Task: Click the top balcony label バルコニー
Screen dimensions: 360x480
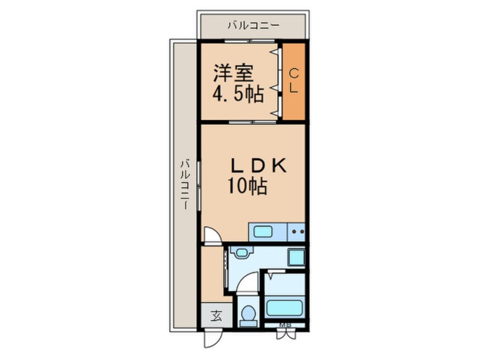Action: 253,26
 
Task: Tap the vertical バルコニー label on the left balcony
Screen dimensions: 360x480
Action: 184,185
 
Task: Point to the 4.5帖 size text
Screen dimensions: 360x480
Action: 238,94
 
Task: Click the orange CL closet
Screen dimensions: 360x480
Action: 294,81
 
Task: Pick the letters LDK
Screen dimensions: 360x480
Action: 259,165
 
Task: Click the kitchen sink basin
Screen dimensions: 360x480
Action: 264,232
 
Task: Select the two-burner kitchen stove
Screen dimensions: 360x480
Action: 298,232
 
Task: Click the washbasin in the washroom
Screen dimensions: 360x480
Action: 243,253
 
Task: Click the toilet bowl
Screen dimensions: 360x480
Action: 247,314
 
